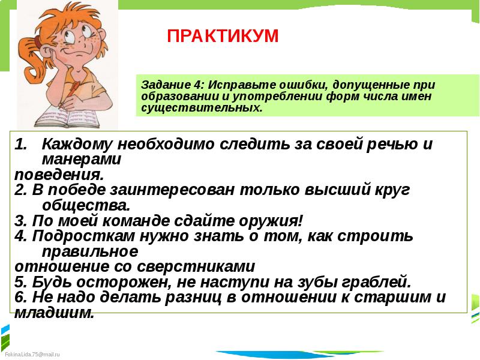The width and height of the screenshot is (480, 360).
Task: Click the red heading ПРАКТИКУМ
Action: pyautogui.click(x=223, y=36)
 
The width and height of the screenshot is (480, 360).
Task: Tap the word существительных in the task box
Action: pyautogui.click(x=202, y=109)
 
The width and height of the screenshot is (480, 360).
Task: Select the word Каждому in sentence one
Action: pyautogui.click(x=79, y=145)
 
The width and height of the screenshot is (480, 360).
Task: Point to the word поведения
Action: pyautogui.click(x=59, y=175)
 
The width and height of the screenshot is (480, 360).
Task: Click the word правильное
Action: pyautogui.click(x=91, y=251)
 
